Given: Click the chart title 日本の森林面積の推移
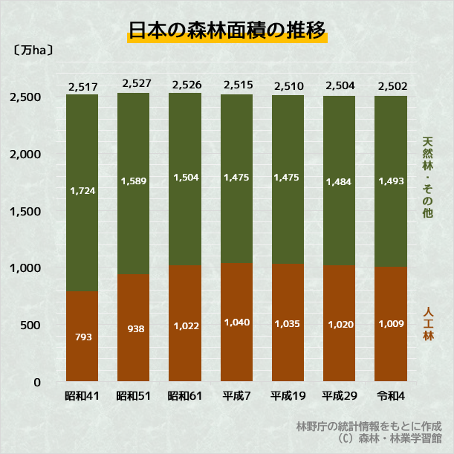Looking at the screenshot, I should (227, 31).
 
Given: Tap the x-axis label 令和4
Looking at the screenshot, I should (391, 396).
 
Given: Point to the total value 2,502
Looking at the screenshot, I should (391, 87).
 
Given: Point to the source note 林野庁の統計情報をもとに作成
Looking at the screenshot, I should (369, 427).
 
